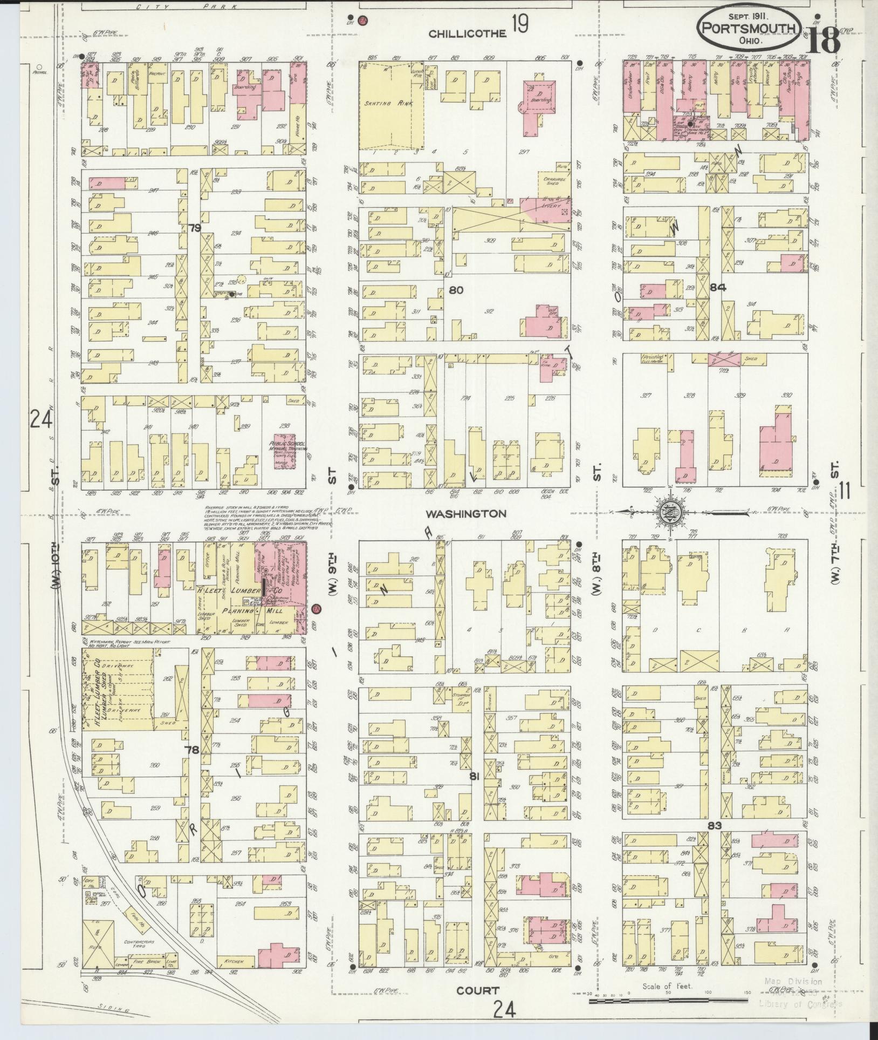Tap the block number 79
tap(195, 228)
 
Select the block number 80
tap(456, 290)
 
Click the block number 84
tap(718, 288)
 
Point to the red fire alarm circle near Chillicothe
tap(362, 19)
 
